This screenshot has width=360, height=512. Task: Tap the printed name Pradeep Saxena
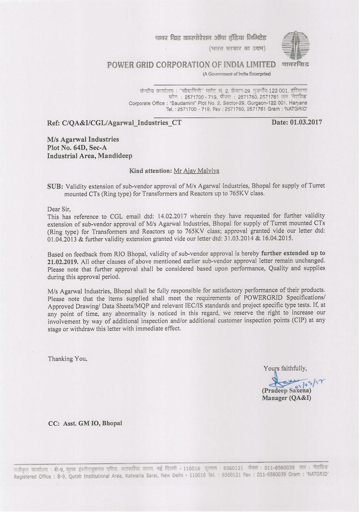286,391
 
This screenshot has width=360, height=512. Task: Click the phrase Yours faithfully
285,368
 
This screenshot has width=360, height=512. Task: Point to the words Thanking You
68,359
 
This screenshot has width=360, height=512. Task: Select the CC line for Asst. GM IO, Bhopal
85,423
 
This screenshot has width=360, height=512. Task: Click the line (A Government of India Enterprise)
236,74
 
